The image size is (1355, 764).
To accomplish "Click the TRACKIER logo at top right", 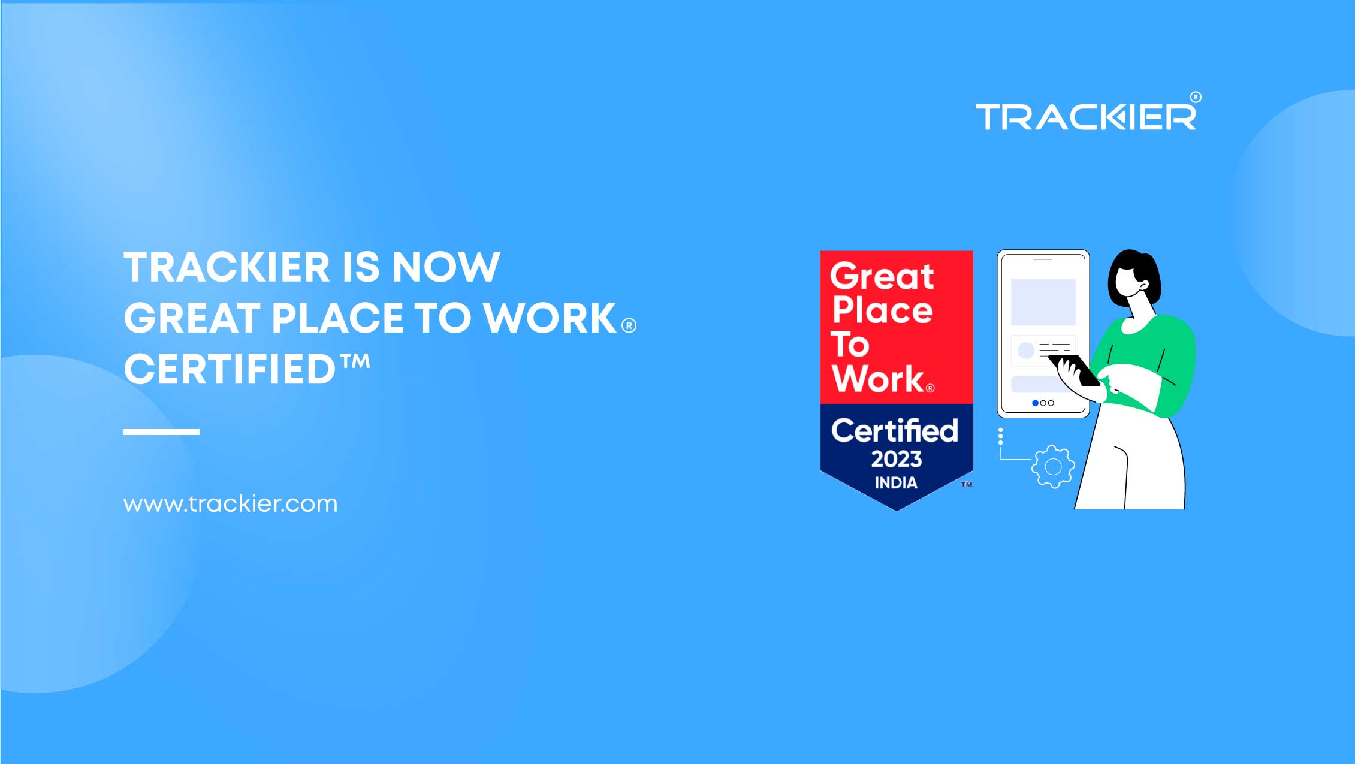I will [1086, 116].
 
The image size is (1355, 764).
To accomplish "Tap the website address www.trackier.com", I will [230, 504].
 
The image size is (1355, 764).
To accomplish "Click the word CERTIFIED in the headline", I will [230, 369].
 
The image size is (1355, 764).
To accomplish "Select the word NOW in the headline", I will [446, 267].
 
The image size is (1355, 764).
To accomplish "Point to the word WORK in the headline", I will [550, 318].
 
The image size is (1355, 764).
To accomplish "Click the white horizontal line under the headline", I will [161, 431].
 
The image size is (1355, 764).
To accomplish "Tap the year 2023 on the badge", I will [896, 459].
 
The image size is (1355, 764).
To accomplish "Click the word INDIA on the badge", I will [896, 482].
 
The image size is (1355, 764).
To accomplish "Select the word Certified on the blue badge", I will [895, 431].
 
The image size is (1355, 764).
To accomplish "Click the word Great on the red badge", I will [882, 276].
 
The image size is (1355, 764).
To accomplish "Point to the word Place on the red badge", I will [882, 310].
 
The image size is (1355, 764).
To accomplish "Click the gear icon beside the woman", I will [1053, 467].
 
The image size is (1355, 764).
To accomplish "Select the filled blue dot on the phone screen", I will [1035, 403].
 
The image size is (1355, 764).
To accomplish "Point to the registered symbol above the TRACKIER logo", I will [1195, 97].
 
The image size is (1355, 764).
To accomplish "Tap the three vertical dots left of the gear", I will [1000, 436].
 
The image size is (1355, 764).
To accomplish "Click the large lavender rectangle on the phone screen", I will [1043, 301].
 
